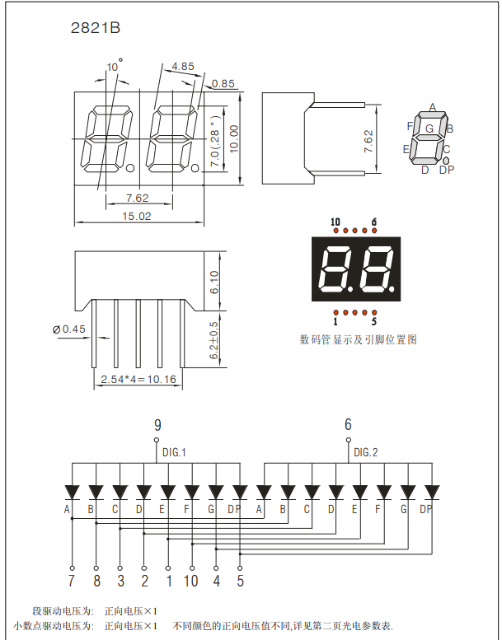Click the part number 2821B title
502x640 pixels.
96,29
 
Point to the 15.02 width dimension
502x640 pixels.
137,216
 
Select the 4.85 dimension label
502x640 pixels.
183,66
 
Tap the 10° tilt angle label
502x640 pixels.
114,64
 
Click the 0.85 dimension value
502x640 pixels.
223,83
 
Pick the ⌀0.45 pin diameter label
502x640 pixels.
68,329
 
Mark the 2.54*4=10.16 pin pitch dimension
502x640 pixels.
138,380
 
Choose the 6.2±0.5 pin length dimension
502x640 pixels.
214,340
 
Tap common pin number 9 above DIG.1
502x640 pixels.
157,425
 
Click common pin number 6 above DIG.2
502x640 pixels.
348,425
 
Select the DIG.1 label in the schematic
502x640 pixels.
174,452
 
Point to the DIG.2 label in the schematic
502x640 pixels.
365,452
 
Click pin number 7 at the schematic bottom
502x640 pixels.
72,582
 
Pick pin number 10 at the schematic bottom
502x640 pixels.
191,582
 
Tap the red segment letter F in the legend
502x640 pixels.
410,125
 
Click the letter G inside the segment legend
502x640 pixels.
429,128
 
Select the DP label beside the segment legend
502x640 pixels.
447,170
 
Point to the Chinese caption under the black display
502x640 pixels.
358,339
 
